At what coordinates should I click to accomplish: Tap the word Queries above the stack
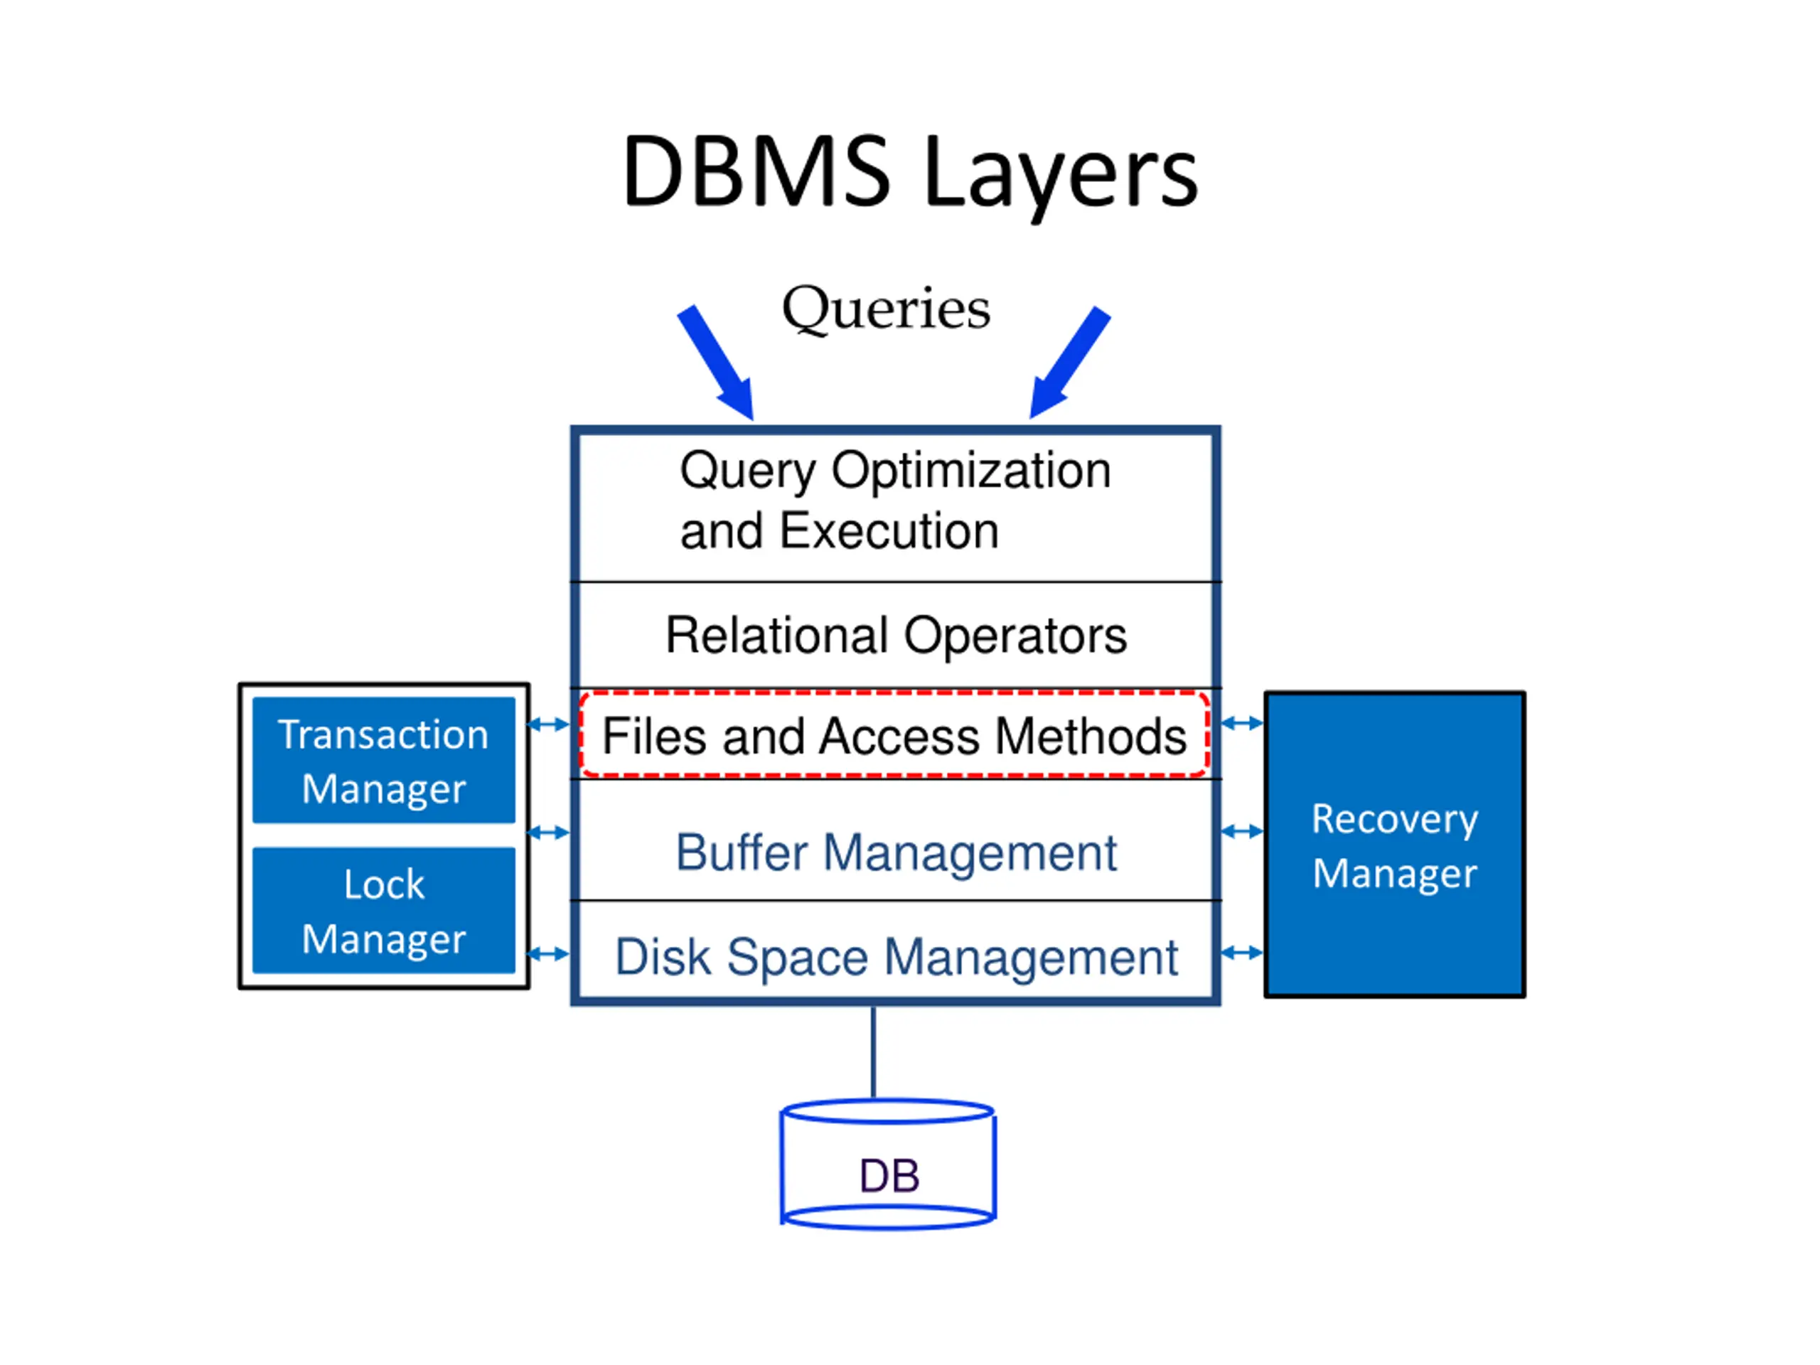[x=886, y=309]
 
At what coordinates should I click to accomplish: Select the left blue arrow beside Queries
[x=717, y=363]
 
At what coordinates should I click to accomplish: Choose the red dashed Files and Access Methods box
[x=894, y=734]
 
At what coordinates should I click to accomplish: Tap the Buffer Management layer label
[x=896, y=852]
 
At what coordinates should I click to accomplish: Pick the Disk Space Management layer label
[x=896, y=958]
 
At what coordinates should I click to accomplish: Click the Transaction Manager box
[x=383, y=760]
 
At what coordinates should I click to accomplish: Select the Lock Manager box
[x=383, y=911]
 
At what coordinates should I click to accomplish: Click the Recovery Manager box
[x=1395, y=845]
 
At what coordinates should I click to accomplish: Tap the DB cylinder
[x=889, y=1165]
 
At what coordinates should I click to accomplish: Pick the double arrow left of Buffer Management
[x=548, y=833]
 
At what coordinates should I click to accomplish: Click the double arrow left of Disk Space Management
[x=548, y=954]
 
